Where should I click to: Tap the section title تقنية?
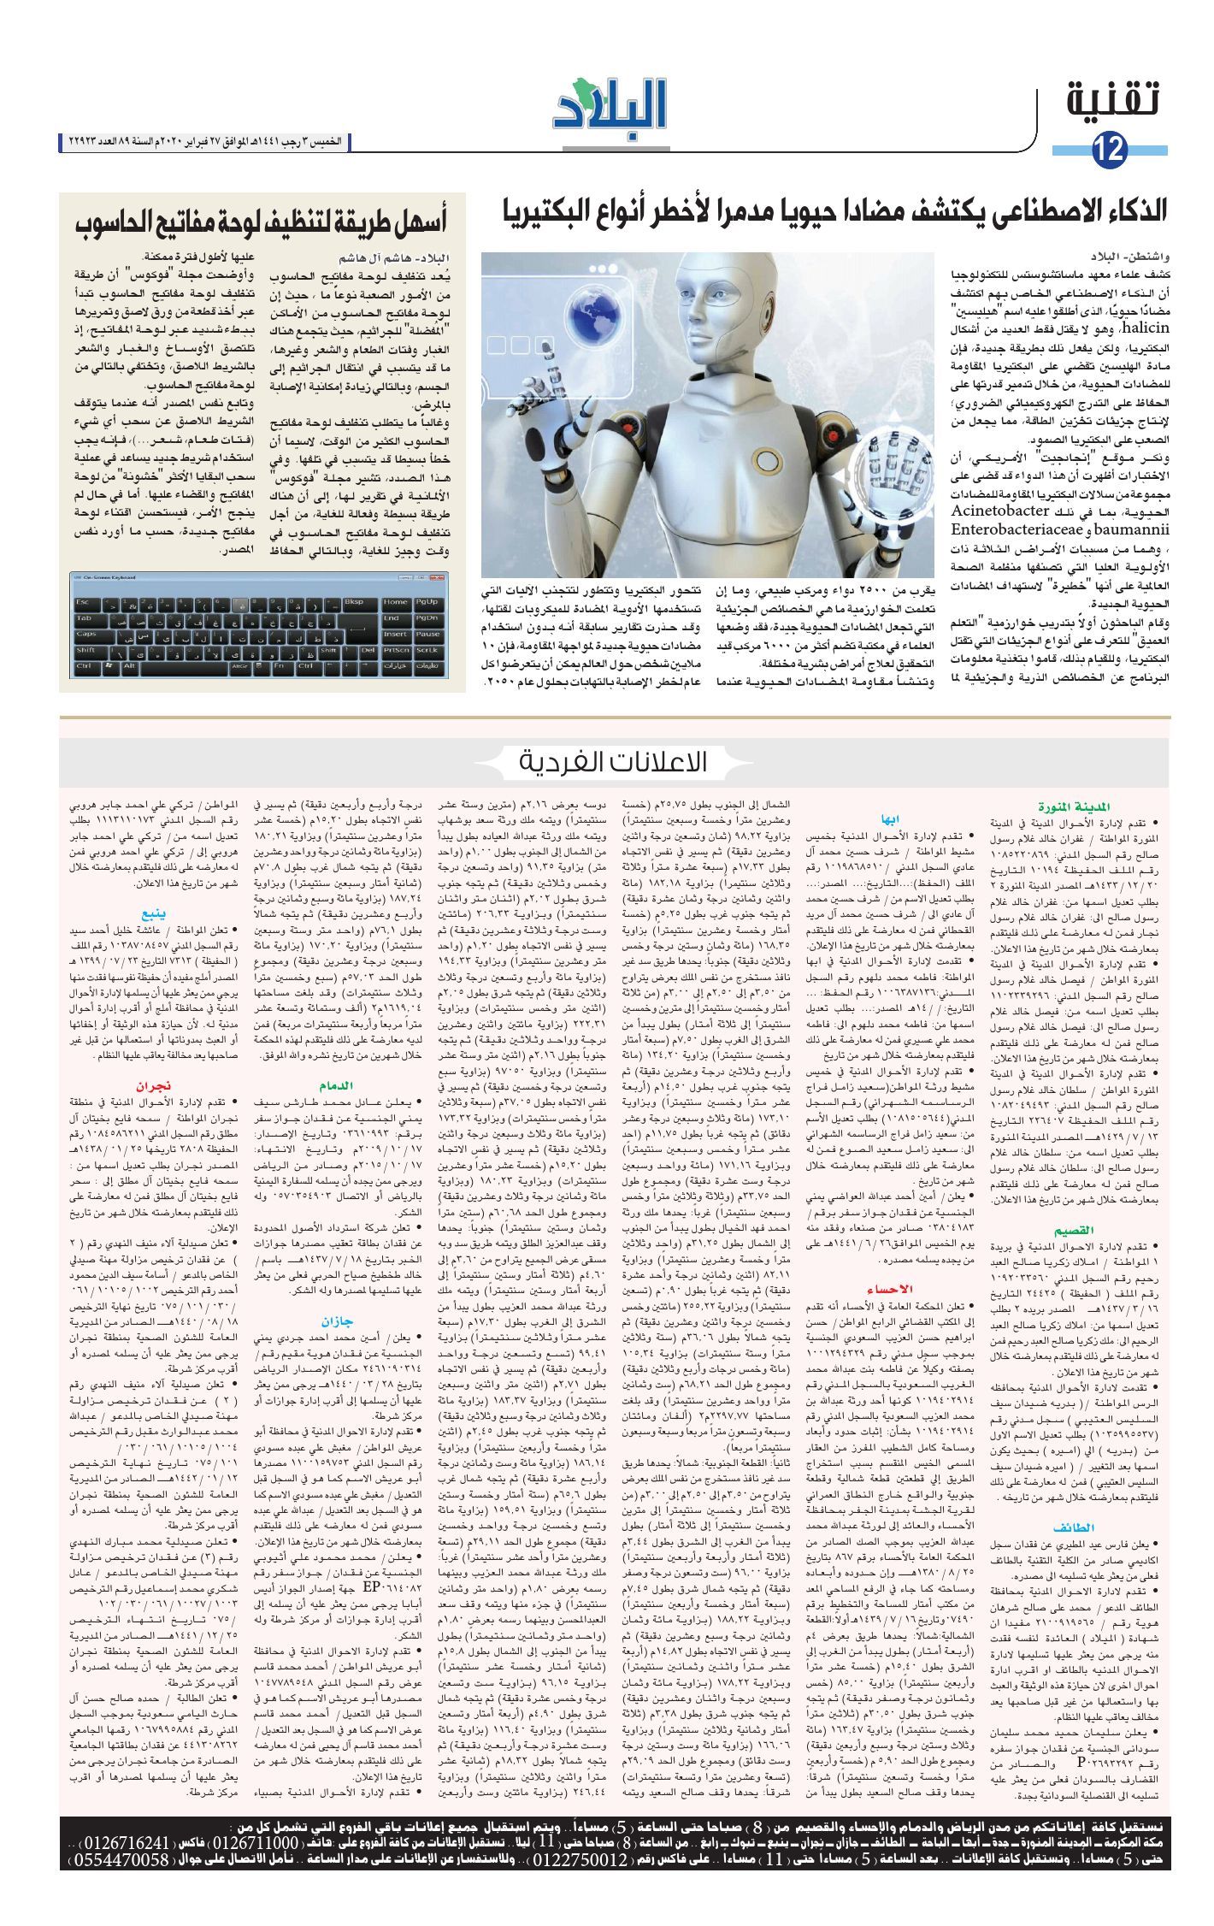(x=1116, y=102)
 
